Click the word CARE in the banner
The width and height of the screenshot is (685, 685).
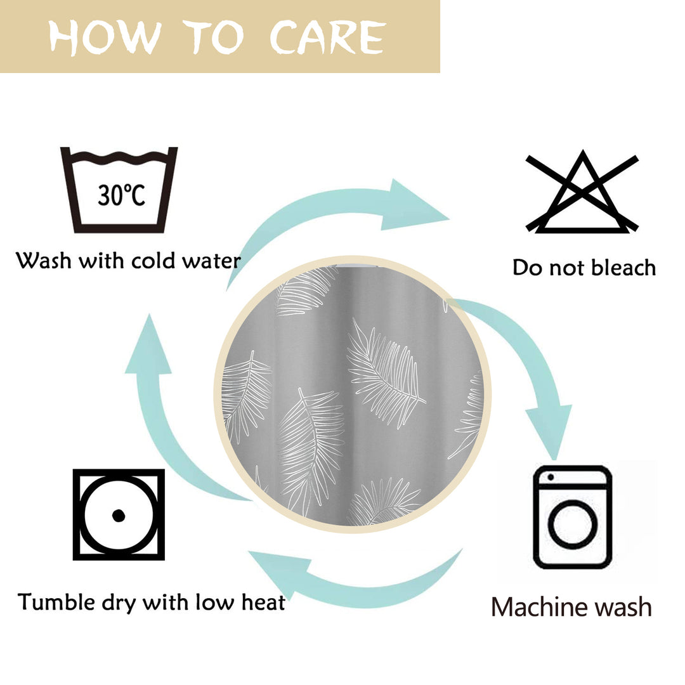[328, 37]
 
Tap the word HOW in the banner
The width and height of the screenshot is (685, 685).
[105, 37]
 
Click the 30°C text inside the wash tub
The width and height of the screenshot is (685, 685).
[121, 195]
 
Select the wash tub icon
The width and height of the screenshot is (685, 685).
[119, 190]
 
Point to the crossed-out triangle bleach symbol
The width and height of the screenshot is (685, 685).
[582, 192]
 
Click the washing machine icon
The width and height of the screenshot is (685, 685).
[572, 517]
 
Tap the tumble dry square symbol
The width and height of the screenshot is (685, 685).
[119, 514]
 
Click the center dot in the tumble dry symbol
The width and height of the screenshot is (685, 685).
[119, 516]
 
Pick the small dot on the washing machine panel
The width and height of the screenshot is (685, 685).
[551, 478]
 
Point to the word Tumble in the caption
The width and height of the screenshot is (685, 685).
[56, 602]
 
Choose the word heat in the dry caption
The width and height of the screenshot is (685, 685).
[263, 602]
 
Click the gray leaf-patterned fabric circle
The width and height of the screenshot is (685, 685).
[352, 395]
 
